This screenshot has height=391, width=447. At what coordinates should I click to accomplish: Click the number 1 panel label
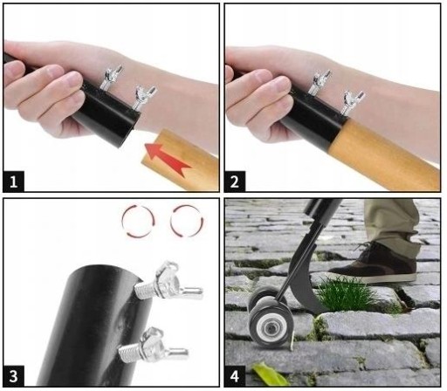pos(13,182)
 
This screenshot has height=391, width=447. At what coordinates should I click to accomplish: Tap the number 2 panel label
pos(235,182)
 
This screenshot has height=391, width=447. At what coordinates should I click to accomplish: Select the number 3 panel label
pos(13,376)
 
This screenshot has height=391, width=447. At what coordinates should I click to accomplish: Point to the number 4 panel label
pos(235,376)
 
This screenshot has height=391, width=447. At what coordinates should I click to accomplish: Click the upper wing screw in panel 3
pos(168,284)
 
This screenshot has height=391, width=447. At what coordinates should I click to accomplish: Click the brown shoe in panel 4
pos(375,264)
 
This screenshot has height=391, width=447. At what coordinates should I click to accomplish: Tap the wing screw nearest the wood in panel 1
pos(144,98)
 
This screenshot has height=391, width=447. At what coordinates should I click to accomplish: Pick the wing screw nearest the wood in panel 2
pos(352,102)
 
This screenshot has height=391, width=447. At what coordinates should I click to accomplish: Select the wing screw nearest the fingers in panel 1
pos(112,77)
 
